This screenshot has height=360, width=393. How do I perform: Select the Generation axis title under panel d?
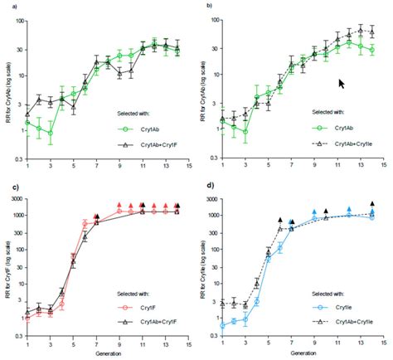303,353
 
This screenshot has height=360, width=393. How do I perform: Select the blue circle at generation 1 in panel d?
222,325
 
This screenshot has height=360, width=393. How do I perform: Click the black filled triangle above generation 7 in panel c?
97,217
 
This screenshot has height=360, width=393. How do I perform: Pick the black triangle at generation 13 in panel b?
360,31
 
